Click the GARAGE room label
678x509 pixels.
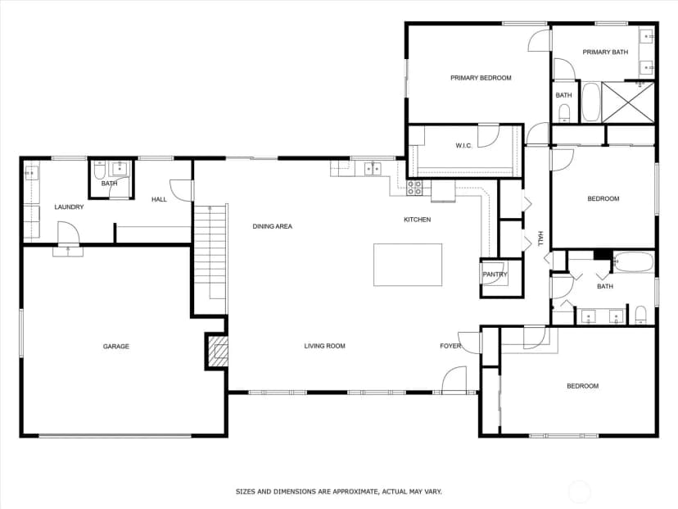pyautogui.click(x=116, y=346)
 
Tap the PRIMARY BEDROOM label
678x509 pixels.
pyautogui.click(x=481, y=78)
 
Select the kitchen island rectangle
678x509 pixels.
pyautogui.click(x=408, y=265)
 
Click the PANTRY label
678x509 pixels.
pyautogui.click(x=495, y=275)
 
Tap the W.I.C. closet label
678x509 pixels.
pyautogui.click(x=463, y=145)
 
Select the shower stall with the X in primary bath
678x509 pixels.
pyautogui.click(x=628, y=102)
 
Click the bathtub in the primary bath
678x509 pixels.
pyautogui.click(x=590, y=102)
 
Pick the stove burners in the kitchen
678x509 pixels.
pyautogui.click(x=414, y=188)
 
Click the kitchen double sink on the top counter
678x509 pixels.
pyautogui.click(x=373, y=168)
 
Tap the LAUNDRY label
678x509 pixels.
pyautogui.click(x=69, y=207)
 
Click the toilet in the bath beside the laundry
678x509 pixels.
pyautogui.click(x=98, y=170)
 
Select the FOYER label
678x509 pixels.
pyautogui.click(x=450, y=346)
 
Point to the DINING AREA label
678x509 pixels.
pyautogui.click(x=273, y=226)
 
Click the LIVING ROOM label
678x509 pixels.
pyautogui.click(x=325, y=346)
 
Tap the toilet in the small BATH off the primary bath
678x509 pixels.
pyautogui.click(x=564, y=113)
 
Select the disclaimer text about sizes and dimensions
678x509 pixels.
pyautogui.click(x=338, y=492)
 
